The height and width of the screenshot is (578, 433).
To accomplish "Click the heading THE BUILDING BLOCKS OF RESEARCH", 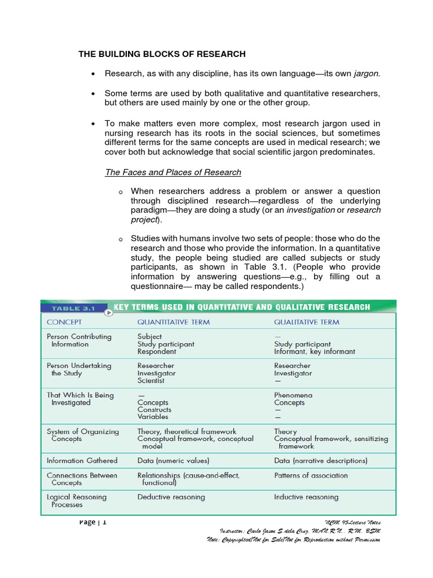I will [162, 54].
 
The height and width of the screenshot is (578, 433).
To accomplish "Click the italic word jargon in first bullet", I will [367, 73].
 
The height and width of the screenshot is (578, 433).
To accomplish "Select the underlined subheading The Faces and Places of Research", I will [173, 172].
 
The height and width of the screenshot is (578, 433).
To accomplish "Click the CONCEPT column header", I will [64, 322].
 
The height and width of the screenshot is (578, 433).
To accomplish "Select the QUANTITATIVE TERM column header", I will [174, 322].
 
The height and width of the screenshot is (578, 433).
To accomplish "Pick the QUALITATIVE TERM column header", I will [307, 322].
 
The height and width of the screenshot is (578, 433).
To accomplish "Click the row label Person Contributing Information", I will [79, 340].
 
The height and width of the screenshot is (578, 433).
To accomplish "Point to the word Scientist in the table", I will [151, 380].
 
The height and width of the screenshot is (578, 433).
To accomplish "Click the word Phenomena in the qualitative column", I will [293, 395].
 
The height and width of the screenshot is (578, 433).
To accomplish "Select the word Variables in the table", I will [153, 417].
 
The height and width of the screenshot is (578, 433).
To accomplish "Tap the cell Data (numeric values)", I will [173, 461].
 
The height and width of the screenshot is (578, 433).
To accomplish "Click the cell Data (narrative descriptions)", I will [320, 461].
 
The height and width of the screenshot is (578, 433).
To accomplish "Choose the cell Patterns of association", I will [311, 475].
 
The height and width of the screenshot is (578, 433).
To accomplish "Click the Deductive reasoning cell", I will [171, 497].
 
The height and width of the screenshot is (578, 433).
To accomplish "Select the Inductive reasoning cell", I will [306, 497].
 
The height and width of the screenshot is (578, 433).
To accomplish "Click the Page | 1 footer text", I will [93, 522].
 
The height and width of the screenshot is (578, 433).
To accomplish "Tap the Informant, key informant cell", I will [315, 351].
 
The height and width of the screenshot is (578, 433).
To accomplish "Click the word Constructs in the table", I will [154, 410].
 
